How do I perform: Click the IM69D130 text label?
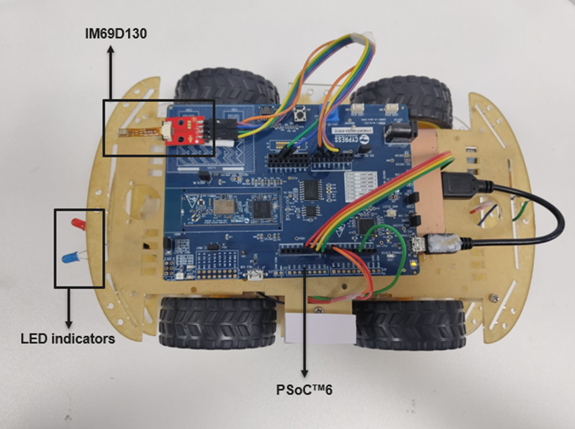pos(116,34)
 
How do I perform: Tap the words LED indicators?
pos(68,339)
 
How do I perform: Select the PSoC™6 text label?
pos(305,391)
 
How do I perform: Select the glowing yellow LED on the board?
pos(413,264)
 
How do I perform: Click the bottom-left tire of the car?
pos(217,322)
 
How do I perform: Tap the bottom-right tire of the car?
pos(410,323)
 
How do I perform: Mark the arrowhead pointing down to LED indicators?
pos(68,324)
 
